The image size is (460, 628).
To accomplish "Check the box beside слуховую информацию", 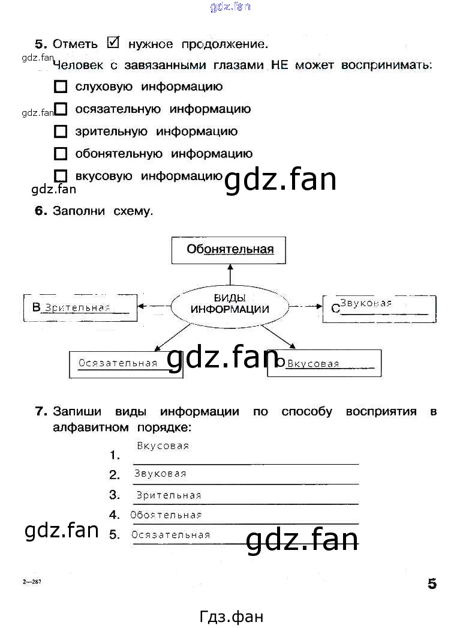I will (61, 87).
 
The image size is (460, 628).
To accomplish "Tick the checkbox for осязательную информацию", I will (61, 109).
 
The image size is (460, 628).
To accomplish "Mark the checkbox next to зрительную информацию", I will (61, 131).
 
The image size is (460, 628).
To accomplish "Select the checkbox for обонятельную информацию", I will (61, 154).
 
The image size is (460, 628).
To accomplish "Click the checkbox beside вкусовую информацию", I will (61, 176).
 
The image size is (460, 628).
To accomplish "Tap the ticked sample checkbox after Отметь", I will (113, 43).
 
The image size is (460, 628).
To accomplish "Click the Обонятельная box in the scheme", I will (229, 250).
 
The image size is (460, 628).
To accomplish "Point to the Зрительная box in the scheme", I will (80, 308).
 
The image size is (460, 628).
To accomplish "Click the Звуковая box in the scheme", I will (379, 309).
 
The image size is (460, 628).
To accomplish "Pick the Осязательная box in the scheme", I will (126, 364).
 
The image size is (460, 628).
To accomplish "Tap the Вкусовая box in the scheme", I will (324, 363).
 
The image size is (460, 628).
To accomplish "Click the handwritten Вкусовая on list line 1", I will (163, 446).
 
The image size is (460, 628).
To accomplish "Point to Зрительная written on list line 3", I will (169, 495).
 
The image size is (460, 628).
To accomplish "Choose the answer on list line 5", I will (170, 535).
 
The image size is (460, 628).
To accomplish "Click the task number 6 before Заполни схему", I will (41, 211).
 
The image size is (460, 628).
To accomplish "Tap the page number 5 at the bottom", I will (432, 583).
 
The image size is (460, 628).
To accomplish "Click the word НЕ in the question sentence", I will (280, 64).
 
